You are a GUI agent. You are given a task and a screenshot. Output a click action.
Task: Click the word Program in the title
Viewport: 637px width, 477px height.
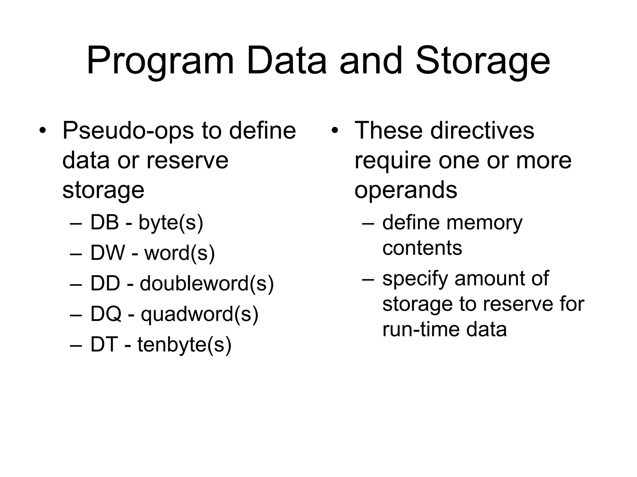160,61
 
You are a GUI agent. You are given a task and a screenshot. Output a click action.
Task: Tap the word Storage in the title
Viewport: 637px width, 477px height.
483,61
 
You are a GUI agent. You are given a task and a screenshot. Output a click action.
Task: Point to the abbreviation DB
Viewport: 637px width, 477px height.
105,222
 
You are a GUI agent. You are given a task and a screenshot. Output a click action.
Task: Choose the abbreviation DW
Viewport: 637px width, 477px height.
108,253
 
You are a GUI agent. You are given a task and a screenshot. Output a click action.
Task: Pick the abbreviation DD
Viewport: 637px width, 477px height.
105,283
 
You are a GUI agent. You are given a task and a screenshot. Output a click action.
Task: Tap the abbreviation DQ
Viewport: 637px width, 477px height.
106,314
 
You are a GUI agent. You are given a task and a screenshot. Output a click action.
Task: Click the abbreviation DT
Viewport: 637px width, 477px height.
104,344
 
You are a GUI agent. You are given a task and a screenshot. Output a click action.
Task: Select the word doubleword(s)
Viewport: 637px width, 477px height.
207,284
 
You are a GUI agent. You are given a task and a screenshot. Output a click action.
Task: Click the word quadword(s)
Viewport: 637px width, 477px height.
199,314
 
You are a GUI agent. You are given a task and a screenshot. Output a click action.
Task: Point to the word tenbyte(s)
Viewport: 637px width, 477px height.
184,345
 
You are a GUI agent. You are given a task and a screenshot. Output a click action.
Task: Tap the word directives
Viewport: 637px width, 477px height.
482,130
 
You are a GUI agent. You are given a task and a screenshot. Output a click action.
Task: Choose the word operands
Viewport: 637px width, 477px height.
406,190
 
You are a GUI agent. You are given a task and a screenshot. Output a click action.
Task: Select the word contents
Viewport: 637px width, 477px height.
422,248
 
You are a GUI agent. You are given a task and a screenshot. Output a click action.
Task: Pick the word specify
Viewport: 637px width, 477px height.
415,279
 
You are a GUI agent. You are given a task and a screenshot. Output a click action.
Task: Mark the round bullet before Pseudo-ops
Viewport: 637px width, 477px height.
43,130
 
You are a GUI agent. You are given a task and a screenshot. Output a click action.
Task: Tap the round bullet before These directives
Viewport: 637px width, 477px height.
334,130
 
